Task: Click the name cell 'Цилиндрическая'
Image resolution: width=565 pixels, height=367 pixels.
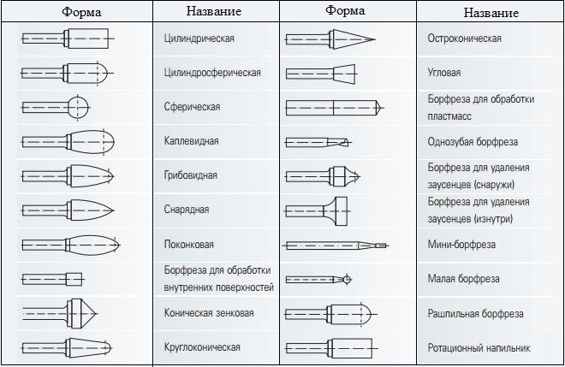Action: point(199,38)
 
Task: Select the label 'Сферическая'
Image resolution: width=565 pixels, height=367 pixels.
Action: point(192,107)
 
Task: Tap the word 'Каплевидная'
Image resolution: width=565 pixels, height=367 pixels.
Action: point(192,141)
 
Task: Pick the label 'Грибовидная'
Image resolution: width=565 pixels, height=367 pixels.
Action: point(191,175)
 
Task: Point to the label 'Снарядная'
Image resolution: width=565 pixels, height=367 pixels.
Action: point(187,210)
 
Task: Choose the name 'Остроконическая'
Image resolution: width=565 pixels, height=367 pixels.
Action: point(465,38)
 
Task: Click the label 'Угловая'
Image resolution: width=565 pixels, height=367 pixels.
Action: point(444,73)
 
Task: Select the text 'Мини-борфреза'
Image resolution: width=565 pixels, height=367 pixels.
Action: point(461,245)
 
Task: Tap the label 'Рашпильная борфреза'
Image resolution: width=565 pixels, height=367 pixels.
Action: point(476,313)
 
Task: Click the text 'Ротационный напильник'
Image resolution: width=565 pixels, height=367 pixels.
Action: point(479,348)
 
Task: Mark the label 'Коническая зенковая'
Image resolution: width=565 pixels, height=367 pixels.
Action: point(209,312)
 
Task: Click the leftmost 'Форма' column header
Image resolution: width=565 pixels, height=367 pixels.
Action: point(81,12)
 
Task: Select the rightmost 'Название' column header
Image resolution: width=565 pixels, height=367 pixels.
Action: point(491,13)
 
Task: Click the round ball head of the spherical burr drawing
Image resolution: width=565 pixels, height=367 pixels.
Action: point(78,107)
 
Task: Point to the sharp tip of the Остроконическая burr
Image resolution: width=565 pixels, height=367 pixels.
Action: point(376,39)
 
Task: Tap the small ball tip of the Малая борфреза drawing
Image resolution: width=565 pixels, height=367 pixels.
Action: point(347,279)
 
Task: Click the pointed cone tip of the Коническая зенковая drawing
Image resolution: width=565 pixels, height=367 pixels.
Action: point(98,314)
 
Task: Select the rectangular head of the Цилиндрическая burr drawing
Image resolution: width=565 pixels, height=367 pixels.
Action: point(88,38)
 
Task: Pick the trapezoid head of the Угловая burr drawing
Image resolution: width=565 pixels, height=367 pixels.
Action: point(344,74)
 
